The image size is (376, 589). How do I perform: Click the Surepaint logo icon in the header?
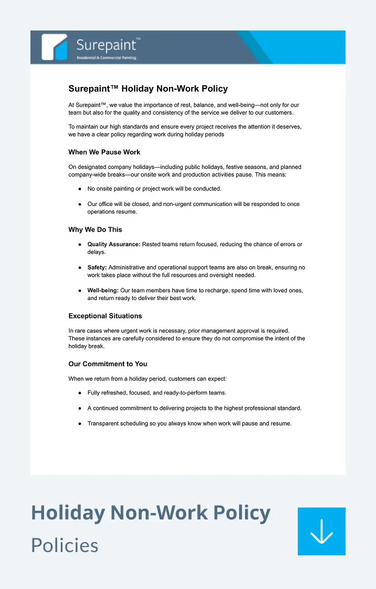[x=54, y=47]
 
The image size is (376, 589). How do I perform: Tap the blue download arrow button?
[x=321, y=531]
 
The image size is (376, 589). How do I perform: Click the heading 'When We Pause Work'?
[x=104, y=152]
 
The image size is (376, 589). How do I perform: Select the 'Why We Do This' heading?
[x=95, y=230]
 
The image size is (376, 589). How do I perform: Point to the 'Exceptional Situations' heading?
[x=105, y=316]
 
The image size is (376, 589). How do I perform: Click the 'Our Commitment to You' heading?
[x=108, y=364]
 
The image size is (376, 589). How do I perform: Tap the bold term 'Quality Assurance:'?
[x=114, y=245]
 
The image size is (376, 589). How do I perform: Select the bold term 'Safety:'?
[x=97, y=267]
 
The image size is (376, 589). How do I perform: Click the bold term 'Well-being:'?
[x=103, y=291]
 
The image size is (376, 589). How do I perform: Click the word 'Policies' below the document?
[x=65, y=545]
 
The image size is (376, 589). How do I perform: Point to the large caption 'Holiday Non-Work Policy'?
[x=151, y=512]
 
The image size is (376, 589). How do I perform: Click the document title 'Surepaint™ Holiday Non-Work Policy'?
[x=148, y=89]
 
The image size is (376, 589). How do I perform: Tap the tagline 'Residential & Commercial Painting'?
[x=106, y=58]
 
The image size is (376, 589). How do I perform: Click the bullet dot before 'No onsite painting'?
[x=80, y=189]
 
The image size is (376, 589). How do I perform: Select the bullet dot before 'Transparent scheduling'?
[x=80, y=424]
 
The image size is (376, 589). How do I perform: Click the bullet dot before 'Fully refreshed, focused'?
[x=80, y=393]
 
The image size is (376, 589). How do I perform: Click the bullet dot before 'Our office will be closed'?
[x=80, y=204]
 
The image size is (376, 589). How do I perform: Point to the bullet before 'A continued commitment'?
[x=80, y=408]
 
